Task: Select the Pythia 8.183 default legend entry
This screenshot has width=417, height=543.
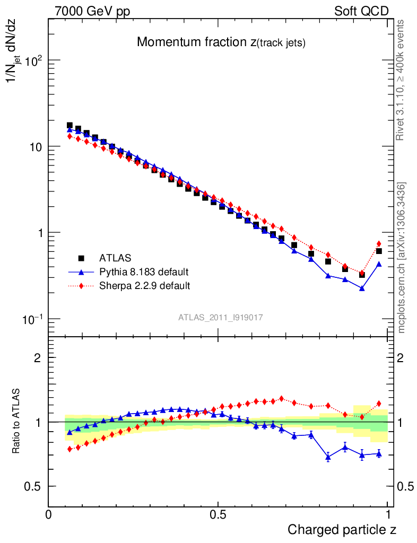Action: pyautogui.click(x=144, y=273)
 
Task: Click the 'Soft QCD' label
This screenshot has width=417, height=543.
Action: pyautogui.click(x=361, y=11)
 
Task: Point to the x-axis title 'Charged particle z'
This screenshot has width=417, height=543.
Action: pyautogui.click(x=342, y=529)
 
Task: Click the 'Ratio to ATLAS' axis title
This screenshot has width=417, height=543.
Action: pyautogui.click(x=17, y=422)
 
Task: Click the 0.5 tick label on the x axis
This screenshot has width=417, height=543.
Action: pyautogui.click(x=218, y=514)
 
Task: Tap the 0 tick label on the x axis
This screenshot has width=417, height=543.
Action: pyautogui.click(x=48, y=514)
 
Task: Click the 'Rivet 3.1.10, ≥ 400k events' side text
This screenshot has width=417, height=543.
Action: pyautogui.click(x=401, y=81)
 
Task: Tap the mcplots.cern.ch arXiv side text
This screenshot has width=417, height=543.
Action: pyautogui.click(x=402, y=257)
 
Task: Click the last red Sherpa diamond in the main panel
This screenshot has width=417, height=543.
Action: pyautogui.click(x=379, y=244)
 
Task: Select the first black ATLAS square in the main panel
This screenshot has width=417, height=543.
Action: pyautogui.click(x=69, y=126)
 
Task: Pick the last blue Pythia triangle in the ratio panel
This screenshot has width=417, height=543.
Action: pyautogui.click(x=379, y=453)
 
